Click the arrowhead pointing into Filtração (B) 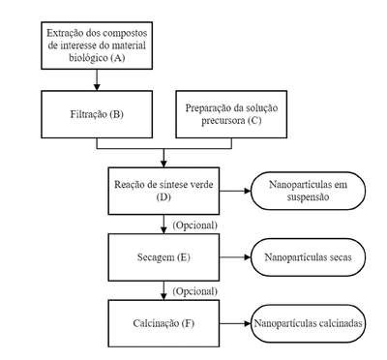coord(97,87)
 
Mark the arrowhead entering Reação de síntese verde coord(164,164)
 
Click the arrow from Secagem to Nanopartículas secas coord(235,257)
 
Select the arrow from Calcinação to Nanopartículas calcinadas coord(235,323)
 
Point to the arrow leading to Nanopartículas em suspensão coord(235,191)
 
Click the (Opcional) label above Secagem coord(194,225)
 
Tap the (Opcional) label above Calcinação coord(194,291)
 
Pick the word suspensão coord(308,196)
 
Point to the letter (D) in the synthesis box coord(164,196)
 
